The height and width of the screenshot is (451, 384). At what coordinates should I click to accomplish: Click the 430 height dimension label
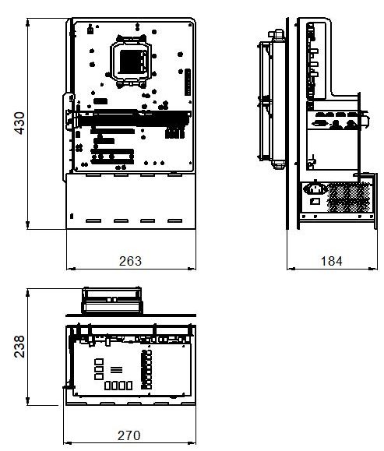[19, 123]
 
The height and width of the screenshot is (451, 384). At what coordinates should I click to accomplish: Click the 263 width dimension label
[130, 261]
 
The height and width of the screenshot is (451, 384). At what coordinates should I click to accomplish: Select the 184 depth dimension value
[331, 261]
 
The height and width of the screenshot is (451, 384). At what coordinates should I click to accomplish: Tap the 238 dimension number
[19, 347]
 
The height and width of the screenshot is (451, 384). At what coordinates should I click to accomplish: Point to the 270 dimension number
[129, 435]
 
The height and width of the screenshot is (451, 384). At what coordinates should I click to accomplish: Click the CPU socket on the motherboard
[132, 62]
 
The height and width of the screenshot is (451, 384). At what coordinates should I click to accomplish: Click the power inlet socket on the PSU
[315, 189]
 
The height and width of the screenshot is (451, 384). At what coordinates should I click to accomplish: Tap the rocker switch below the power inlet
[315, 201]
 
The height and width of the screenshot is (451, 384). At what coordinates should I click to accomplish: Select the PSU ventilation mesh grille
[348, 197]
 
